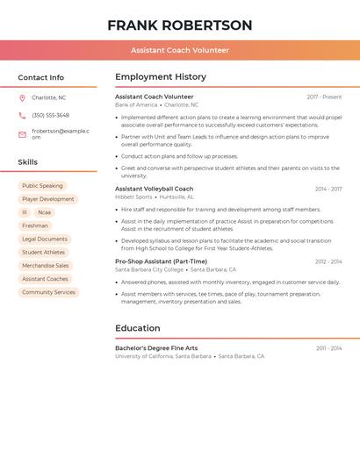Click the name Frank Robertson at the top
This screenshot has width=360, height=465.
[180, 25]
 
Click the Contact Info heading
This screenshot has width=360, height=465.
[41, 77]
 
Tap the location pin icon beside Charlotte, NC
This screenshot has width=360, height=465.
[22, 97]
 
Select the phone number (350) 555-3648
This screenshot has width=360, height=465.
[50, 115]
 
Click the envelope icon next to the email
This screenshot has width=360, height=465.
[22, 134]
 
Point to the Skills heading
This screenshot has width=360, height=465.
[28, 162]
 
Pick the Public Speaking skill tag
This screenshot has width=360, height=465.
[42, 186]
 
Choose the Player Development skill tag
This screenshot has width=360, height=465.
[48, 199]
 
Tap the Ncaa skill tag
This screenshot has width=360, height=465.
[44, 212]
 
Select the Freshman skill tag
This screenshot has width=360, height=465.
[35, 225]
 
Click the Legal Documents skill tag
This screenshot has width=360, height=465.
[45, 239]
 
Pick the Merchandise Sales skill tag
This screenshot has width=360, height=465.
[46, 265]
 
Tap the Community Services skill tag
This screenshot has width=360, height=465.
[49, 292]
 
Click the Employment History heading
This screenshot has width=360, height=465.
[161, 77]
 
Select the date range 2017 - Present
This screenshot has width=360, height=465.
[324, 97]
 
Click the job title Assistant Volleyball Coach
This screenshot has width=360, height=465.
[154, 189]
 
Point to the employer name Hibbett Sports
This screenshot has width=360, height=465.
[133, 197]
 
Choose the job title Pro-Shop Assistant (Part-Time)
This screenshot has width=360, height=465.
[161, 261]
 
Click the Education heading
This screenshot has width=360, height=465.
[138, 328]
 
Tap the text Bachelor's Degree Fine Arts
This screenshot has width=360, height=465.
[156, 348]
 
